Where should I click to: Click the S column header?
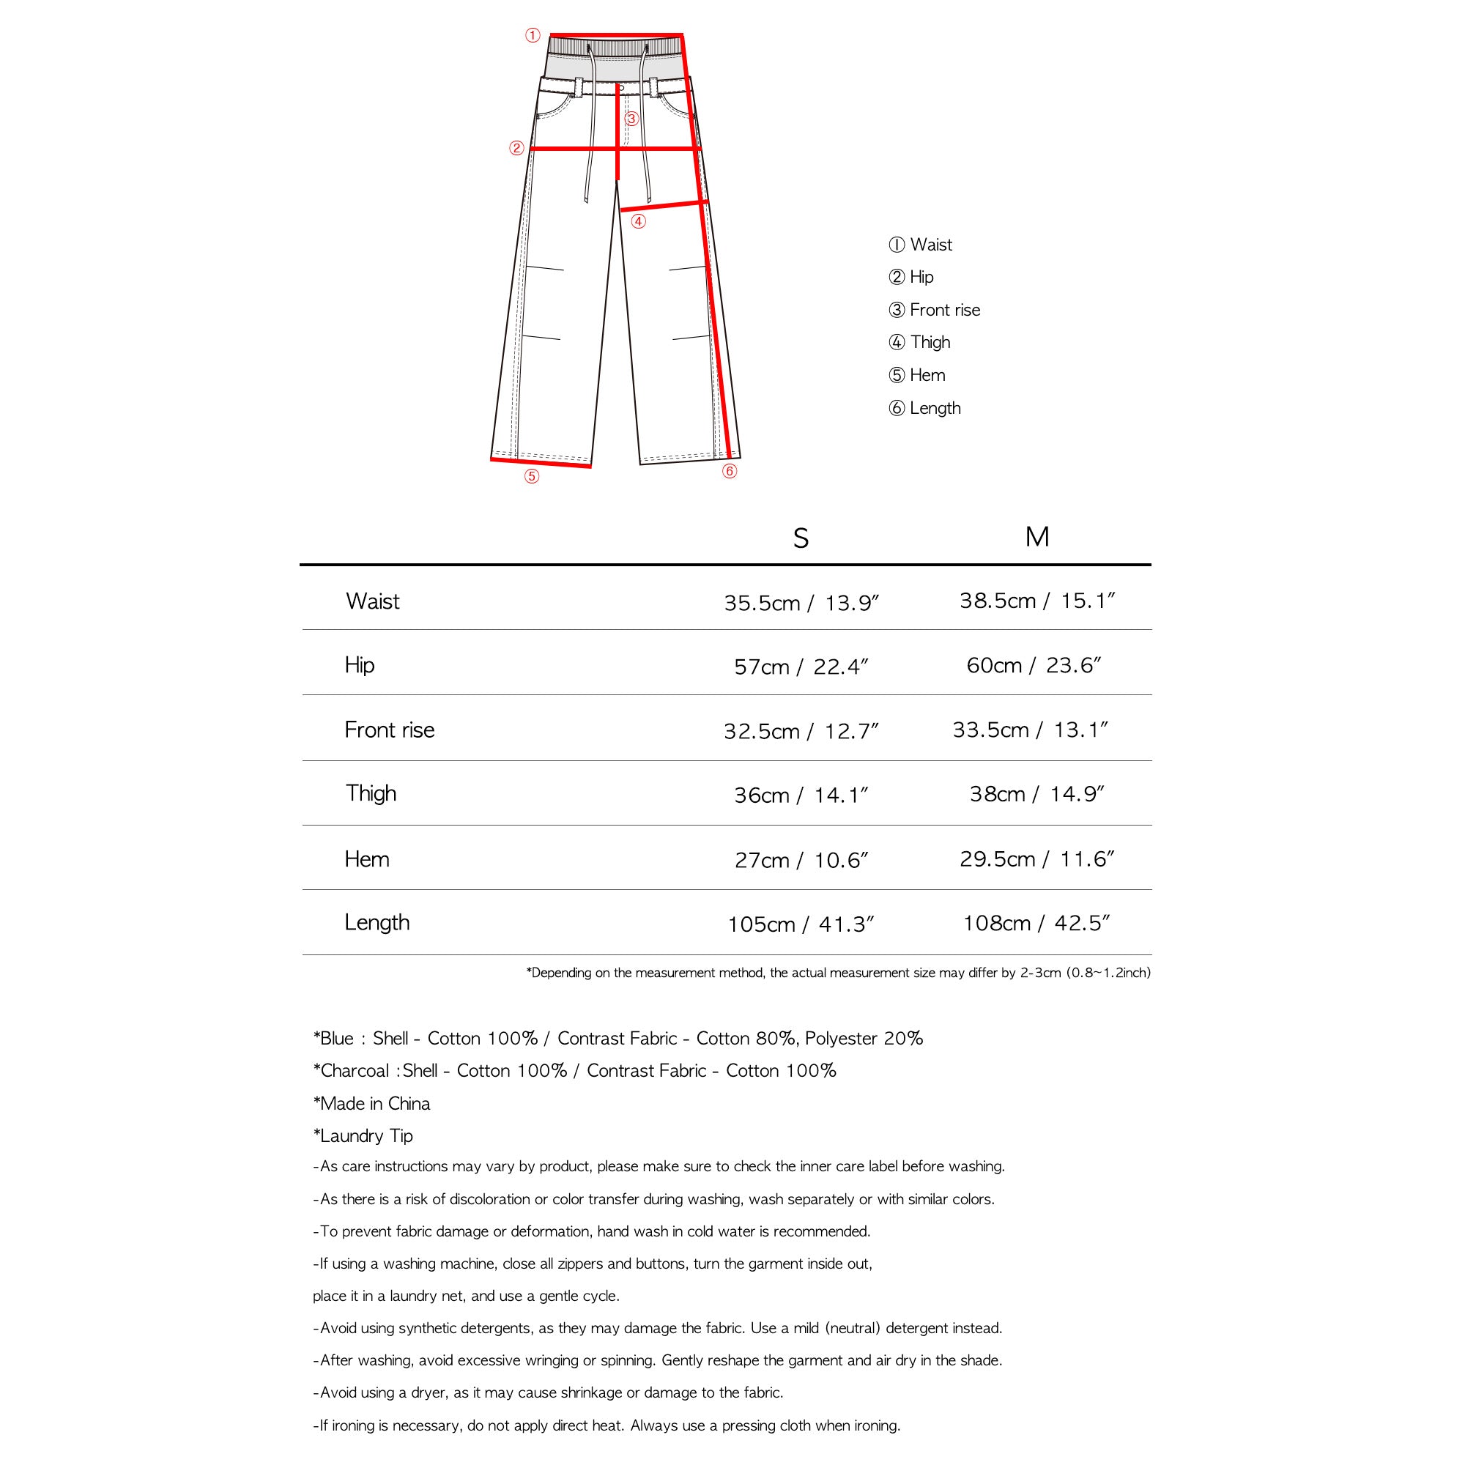tap(801, 538)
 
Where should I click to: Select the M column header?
tap(1036, 537)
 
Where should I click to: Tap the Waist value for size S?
tap(801, 603)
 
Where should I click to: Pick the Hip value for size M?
tap(1034, 665)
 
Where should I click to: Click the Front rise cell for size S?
tap(801, 731)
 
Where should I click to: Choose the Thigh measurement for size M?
tap(1036, 794)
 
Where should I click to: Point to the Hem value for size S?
tap(801, 860)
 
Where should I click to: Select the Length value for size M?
tap(1036, 923)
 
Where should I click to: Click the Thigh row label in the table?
tap(371, 793)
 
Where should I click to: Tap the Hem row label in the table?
tap(367, 859)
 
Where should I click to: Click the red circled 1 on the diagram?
tap(533, 36)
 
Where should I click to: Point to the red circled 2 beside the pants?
tap(516, 149)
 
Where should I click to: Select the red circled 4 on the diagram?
tap(639, 221)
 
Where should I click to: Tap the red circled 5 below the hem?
tap(532, 476)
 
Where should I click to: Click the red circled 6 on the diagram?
tap(730, 472)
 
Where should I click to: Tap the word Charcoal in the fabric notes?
tap(354, 1071)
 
